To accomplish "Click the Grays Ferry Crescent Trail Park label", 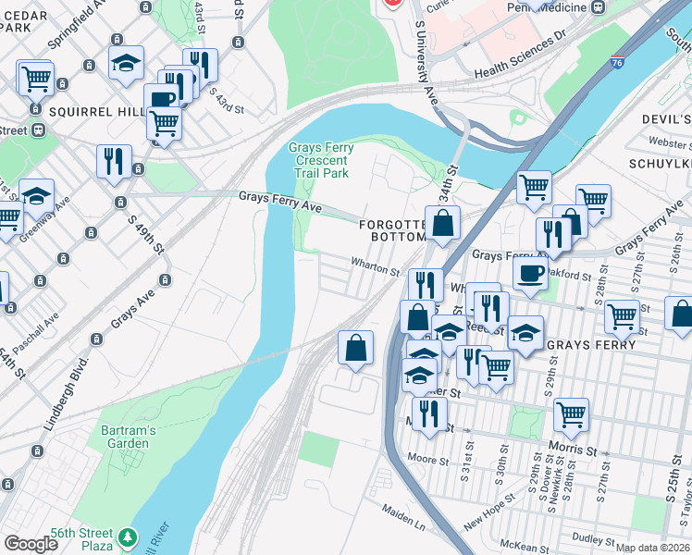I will [x=319, y=160].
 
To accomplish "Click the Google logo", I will [x=31, y=544].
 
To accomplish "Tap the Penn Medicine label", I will [x=547, y=7].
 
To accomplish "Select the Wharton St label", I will [x=374, y=272].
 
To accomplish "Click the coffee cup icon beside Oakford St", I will [x=530, y=273].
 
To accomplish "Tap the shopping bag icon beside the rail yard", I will [x=355, y=348].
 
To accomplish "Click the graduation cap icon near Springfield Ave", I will [x=126, y=62].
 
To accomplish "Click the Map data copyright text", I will [x=653, y=548].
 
